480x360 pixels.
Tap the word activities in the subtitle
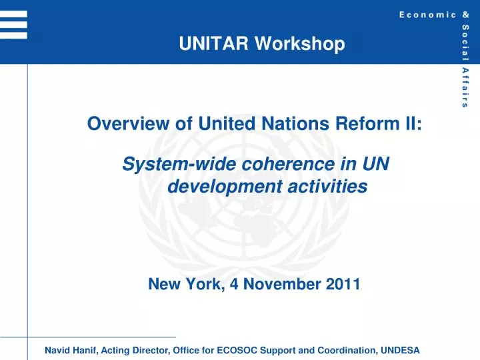tap(327, 187)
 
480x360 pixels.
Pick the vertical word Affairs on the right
tap(464, 87)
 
